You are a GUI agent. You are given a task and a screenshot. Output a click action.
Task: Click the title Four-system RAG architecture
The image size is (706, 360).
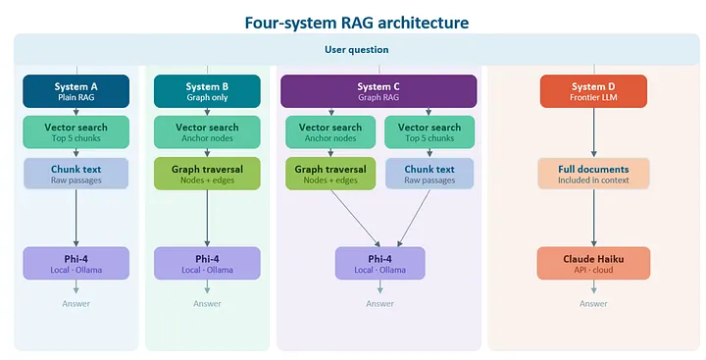point(357,23)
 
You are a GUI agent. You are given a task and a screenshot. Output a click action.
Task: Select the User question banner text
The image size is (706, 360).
point(357,50)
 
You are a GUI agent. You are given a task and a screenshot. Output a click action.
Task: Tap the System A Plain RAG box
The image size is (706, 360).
point(76,91)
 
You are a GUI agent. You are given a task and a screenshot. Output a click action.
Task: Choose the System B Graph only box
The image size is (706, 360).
point(207,91)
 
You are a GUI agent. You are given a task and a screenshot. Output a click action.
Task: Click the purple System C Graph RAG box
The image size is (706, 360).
point(378,91)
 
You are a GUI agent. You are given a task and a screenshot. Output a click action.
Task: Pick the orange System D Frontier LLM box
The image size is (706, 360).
point(593,91)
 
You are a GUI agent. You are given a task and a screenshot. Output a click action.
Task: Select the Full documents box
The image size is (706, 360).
point(593,174)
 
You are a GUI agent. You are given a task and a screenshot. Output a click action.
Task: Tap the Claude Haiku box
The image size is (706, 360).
point(593,264)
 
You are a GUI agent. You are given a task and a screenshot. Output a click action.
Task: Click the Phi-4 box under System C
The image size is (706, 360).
point(380,264)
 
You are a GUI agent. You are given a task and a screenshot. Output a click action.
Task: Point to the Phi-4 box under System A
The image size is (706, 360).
point(76,264)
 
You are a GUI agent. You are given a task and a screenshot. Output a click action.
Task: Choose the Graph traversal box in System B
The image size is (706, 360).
point(207,174)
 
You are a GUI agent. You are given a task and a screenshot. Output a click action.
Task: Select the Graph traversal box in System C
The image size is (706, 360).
point(330,174)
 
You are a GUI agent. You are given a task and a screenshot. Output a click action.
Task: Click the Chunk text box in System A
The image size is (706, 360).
point(76,174)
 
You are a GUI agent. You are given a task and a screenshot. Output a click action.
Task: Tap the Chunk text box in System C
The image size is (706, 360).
point(429,174)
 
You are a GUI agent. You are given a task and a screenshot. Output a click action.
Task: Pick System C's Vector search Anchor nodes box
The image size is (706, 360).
point(330,132)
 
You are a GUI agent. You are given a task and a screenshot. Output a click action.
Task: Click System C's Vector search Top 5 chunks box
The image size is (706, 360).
point(429,132)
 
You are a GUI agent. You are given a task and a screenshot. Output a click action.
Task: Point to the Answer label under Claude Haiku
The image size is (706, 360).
point(593,304)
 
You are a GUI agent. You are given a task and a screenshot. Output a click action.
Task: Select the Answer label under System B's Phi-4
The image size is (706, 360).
point(207,304)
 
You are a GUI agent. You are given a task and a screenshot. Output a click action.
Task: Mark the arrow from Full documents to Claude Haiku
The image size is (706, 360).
point(593,218)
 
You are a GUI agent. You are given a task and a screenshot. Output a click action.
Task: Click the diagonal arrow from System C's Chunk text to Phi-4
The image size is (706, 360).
point(414,218)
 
